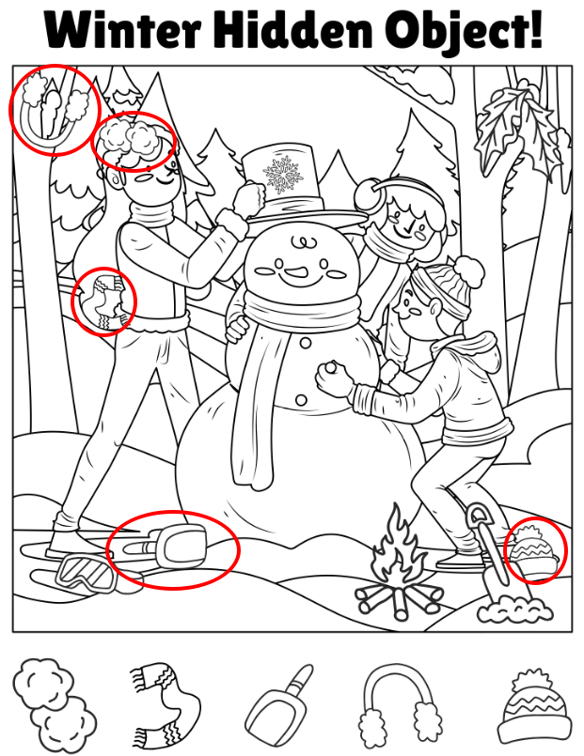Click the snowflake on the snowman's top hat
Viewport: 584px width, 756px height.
(283, 174)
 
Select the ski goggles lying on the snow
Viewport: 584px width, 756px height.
(86, 574)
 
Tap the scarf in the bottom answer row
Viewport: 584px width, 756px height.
(166, 705)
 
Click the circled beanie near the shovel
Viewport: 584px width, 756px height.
(533, 552)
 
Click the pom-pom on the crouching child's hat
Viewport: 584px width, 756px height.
(469, 270)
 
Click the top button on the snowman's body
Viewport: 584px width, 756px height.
(305, 344)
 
